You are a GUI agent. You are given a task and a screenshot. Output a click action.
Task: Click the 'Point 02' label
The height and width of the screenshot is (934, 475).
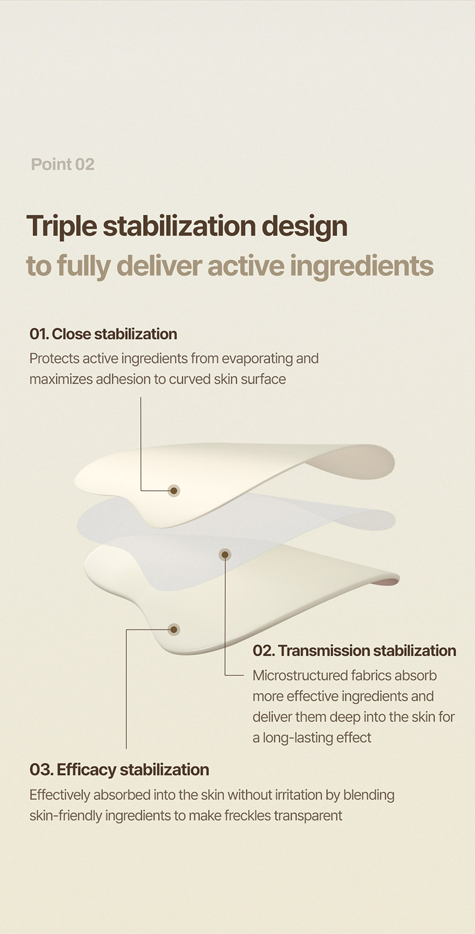[x=62, y=164]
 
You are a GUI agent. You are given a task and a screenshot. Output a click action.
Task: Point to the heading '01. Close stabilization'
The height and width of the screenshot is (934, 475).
[x=103, y=334]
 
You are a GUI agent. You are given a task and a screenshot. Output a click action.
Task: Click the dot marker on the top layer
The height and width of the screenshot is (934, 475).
[x=174, y=491]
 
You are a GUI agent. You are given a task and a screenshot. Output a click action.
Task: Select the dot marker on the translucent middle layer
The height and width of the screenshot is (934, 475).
[x=225, y=555]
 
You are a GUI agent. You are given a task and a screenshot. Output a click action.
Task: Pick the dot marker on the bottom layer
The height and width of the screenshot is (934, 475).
[x=174, y=629]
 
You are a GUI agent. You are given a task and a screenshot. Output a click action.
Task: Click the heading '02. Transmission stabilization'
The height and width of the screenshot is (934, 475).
[x=354, y=651]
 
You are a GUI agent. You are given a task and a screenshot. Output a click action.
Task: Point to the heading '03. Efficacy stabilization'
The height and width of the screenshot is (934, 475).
[x=119, y=770]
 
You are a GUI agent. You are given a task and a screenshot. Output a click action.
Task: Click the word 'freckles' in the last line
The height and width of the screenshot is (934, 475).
[x=248, y=816]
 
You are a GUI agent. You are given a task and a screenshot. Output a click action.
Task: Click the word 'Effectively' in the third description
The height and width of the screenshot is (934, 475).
[x=59, y=795]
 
